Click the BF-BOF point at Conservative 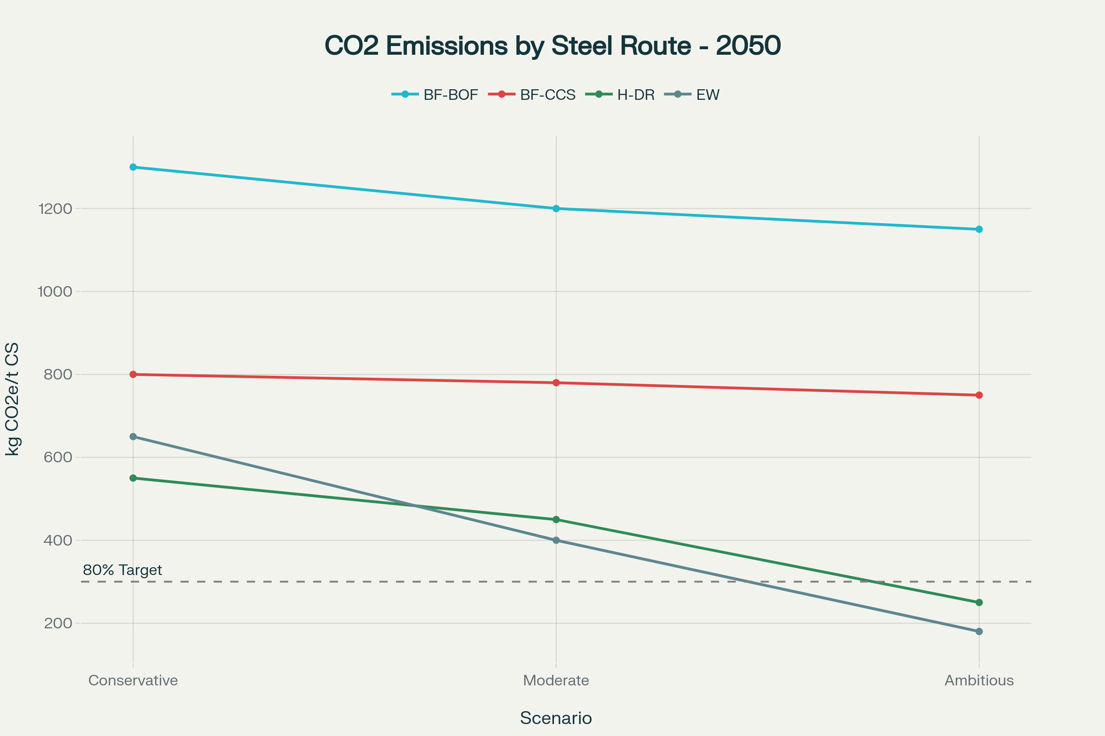[133, 167]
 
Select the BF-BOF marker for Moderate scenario [556, 208]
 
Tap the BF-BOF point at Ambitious [979, 229]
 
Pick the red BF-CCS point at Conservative [133, 374]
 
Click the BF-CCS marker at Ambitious [979, 395]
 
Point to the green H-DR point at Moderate [556, 520]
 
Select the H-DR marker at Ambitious [979, 602]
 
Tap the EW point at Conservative [133, 437]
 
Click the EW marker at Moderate [556, 540]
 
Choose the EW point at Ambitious [979, 631]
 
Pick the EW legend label [708, 95]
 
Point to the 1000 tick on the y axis [55, 292]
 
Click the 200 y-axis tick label [58, 623]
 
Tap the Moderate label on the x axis [556, 680]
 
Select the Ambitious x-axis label [979, 680]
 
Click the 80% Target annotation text [122, 570]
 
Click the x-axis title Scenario [556, 718]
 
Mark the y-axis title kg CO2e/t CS [13, 399]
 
